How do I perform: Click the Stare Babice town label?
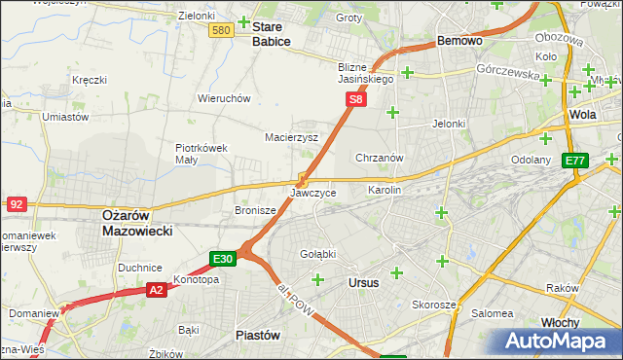(272, 34)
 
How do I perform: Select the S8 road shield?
(356, 99)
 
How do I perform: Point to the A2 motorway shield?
(157, 289)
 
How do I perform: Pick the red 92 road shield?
(16, 204)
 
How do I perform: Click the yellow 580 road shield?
(221, 31)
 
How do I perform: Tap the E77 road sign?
(575, 161)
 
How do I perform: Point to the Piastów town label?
(258, 334)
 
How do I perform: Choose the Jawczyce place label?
(312, 193)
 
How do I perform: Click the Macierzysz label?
(292, 137)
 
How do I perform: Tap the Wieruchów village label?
(224, 98)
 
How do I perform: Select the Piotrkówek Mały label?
(201, 155)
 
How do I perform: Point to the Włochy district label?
(560, 322)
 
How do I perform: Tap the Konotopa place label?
(196, 279)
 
